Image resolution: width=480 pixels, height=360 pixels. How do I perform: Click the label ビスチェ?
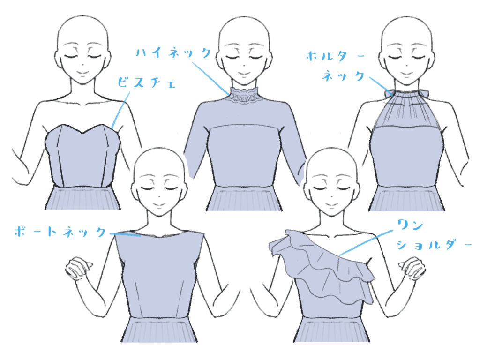click(x=147, y=82)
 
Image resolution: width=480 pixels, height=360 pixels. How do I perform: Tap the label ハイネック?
click(x=173, y=52)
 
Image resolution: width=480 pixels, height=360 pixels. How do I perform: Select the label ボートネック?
click(x=60, y=232)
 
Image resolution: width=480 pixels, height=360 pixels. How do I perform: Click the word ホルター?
click(x=335, y=56)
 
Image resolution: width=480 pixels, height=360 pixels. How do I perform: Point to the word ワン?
click(x=410, y=225)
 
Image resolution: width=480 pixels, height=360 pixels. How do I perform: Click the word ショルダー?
click(x=434, y=245)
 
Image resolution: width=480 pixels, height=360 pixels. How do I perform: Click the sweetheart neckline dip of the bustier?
click(x=82, y=133)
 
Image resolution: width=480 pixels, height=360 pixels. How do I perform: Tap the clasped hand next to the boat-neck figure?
click(x=78, y=268)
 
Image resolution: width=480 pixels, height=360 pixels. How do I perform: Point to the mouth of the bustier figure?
click(x=82, y=74)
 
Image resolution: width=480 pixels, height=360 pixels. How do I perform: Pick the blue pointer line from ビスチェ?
click(x=120, y=110)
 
